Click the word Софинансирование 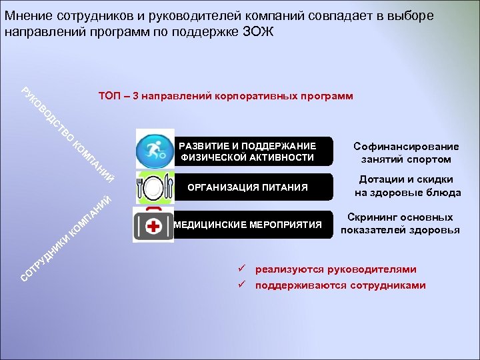(406, 146)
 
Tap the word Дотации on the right (381, 179)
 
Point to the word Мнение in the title (25, 15)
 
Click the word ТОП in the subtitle (109, 96)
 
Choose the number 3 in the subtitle (135, 96)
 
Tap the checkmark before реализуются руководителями (243, 269)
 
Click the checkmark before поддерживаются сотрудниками (243, 285)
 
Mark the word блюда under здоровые (443, 193)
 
